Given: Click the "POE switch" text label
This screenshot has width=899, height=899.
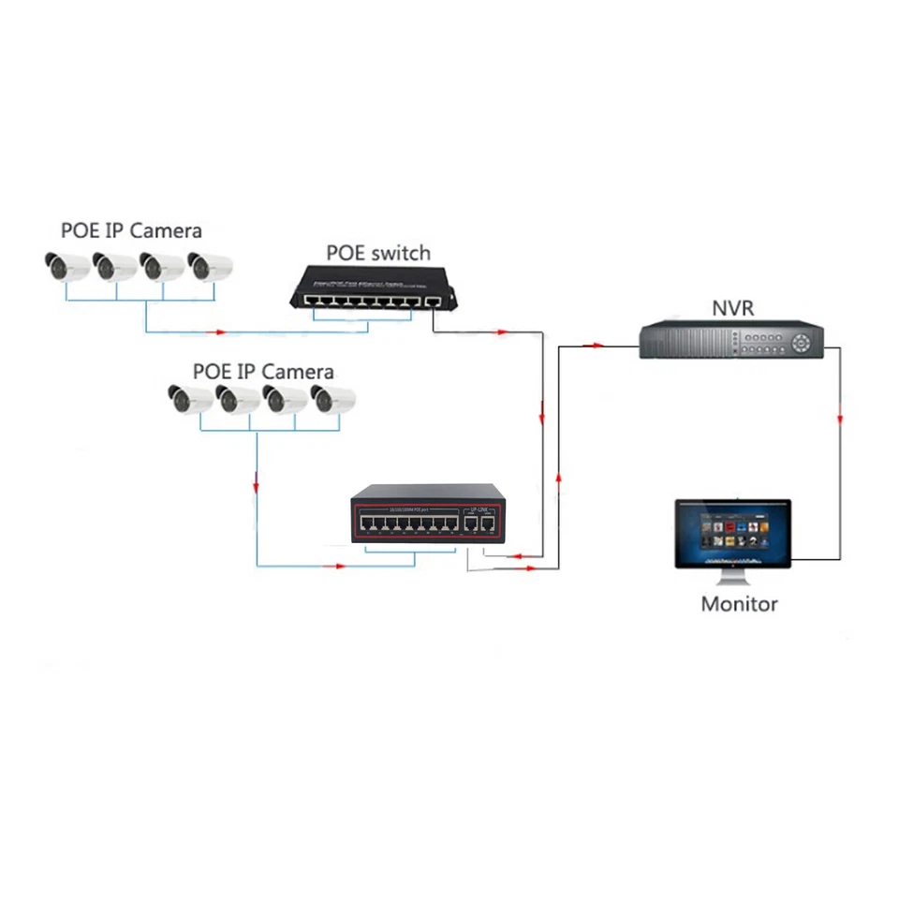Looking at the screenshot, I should pyautogui.click(x=378, y=253).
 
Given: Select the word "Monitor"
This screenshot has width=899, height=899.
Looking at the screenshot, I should pyautogui.click(x=739, y=604).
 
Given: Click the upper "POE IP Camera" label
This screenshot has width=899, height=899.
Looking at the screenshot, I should pyautogui.click(x=131, y=230).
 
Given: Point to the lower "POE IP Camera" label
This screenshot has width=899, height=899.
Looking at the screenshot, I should pyautogui.click(x=262, y=372).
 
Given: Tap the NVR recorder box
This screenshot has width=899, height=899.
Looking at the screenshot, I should pyautogui.click(x=730, y=340).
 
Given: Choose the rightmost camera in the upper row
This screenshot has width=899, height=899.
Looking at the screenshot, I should pyautogui.click(x=209, y=266).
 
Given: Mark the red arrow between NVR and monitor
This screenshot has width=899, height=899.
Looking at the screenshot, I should pyautogui.click(x=840, y=418).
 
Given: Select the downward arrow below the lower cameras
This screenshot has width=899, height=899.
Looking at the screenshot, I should pyautogui.click(x=257, y=487).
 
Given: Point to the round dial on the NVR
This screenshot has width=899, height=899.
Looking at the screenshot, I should pyautogui.click(x=801, y=343).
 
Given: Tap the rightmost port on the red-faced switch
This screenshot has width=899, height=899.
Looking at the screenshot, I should pyautogui.click(x=487, y=526).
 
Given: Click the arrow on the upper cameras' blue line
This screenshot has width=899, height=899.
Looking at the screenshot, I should pyautogui.click(x=221, y=331).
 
